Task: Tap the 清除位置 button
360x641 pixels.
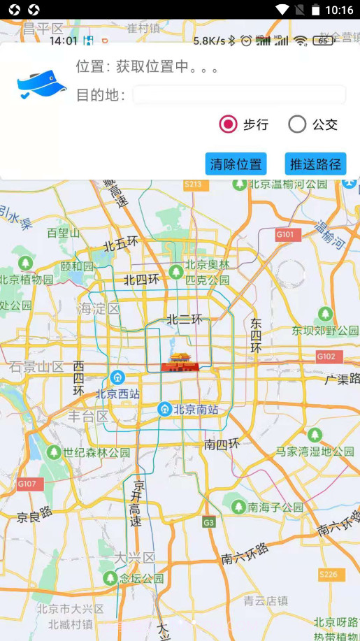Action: (236, 164)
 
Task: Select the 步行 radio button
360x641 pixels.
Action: (228, 124)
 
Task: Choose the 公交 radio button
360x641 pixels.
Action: (297, 124)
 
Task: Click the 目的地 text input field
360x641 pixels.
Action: (239, 95)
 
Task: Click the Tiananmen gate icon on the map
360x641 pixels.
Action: (180, 362)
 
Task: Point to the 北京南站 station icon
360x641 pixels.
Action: (164, 409)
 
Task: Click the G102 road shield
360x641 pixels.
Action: (326, 356)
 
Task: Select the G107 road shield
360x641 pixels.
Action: (30, 484)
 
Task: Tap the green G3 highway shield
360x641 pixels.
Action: (209, 522)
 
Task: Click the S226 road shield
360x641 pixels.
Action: (328, 575)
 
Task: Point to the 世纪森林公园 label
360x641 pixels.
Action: (96, 453)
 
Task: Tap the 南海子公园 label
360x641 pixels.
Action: (275, 507)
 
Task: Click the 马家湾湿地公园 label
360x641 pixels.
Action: (315, 452)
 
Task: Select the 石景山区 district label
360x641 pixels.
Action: (36, 366)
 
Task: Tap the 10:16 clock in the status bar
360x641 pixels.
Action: (339, 10)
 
